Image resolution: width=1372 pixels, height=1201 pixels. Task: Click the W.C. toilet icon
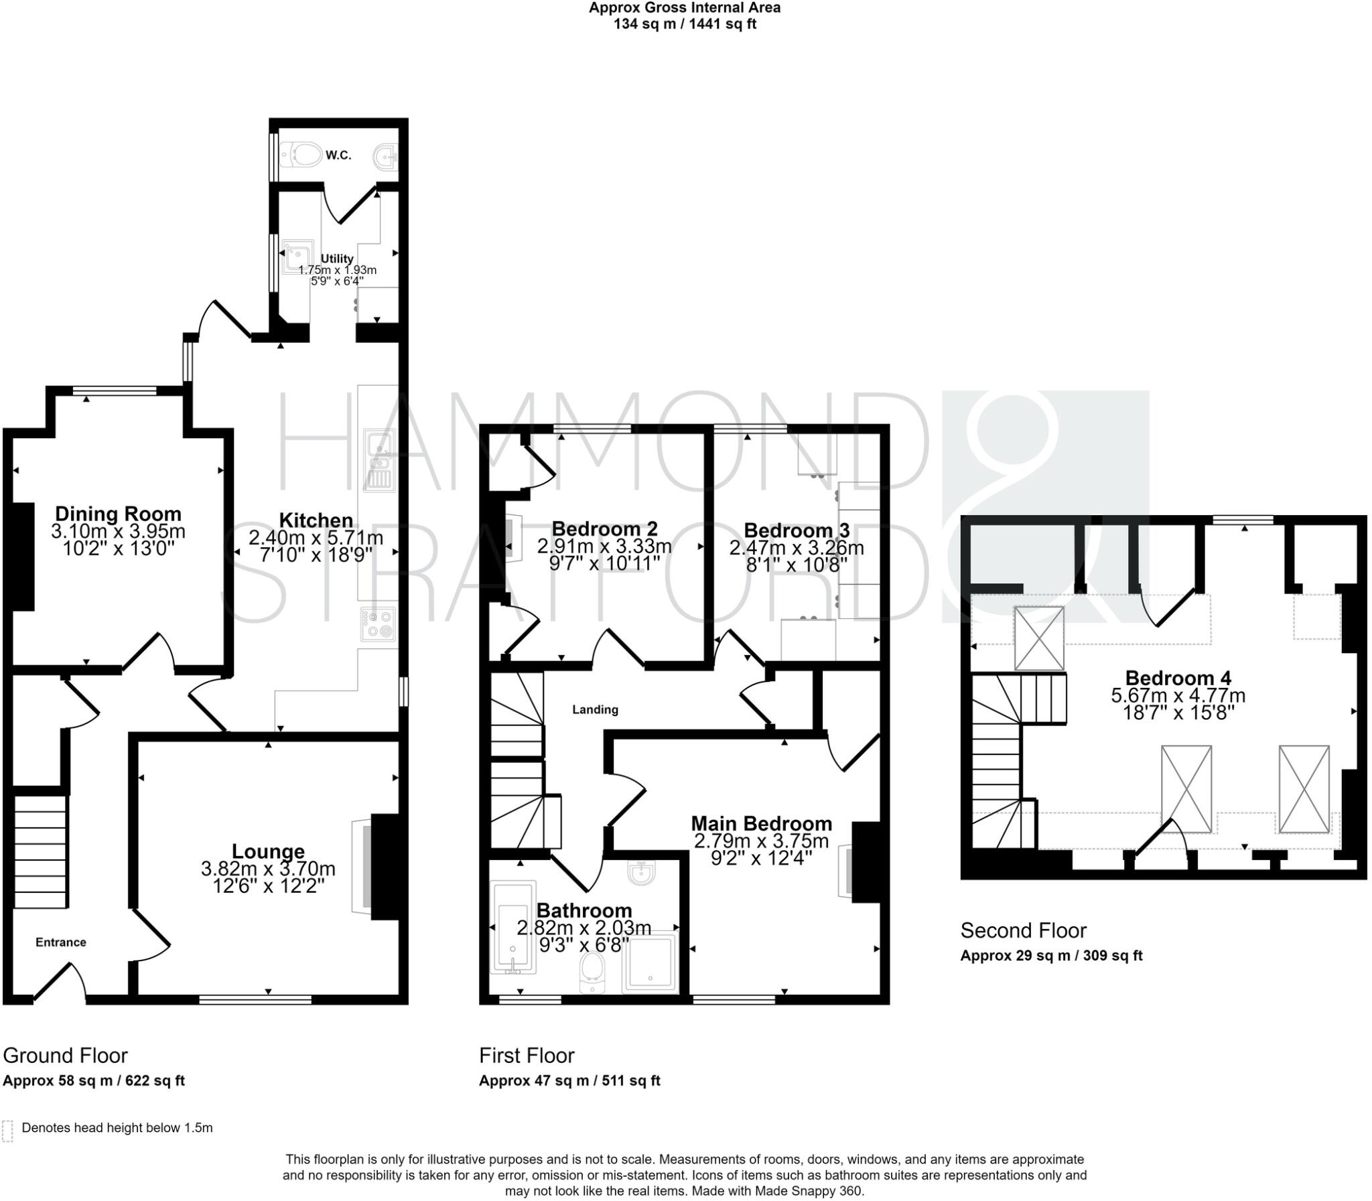(x=301, y=155)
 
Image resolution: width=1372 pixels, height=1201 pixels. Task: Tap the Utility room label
(x=336, y=259)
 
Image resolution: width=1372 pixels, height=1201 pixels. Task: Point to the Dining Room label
(x=118, y=514)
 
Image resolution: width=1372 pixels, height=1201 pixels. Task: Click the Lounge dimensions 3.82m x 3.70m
(x=268, y=869)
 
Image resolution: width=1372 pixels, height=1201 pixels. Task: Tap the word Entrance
(x=61, y=942)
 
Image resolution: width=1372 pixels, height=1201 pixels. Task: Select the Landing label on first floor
(x=595, y=710)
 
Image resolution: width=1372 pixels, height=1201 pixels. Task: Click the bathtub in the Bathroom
(x=513, y=928)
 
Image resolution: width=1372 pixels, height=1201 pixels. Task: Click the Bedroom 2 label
(x=604, y=529)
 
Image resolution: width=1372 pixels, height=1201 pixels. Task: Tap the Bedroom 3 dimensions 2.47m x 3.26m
(x=797, y=547)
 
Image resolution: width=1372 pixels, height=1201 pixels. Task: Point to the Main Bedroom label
(x=762, y=823)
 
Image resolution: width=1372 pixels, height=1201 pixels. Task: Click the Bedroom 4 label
(x=1178, y=678)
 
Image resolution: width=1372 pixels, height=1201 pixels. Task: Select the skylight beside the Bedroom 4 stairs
(x=1039, y=638)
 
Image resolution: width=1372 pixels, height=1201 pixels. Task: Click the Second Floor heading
(x=1023, y=930)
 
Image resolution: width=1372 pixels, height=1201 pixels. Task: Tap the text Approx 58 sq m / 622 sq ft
(x=94, y=1081)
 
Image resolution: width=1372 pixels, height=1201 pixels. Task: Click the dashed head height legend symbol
(x=7, y=1131)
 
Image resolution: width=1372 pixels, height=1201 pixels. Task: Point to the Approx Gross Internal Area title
(x=684, y=8)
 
